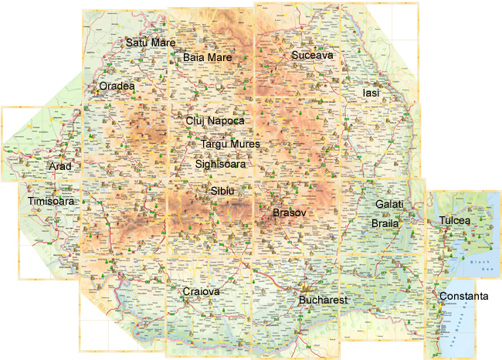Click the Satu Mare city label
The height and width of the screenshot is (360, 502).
pyautogui.click(x=151, y=42)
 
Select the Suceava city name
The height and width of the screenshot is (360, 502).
pyautogui.click(x=312, y=56)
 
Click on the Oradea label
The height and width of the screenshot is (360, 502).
pyautogui.click(x=117, y=87)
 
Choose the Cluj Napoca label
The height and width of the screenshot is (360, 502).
pyautogui.click(x=215, y=121)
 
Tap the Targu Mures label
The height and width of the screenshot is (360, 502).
pyautogui.click(x=230, y=144)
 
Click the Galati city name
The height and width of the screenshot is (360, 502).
pyautogui.click(x=389, y=204)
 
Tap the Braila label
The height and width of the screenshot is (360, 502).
pyautogui.click(x=385, y=223)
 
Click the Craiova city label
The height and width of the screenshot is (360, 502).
pyautogui.click(x=202, y=292)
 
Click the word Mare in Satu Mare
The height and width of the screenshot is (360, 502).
pyautogui.click(x=162, y=42)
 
